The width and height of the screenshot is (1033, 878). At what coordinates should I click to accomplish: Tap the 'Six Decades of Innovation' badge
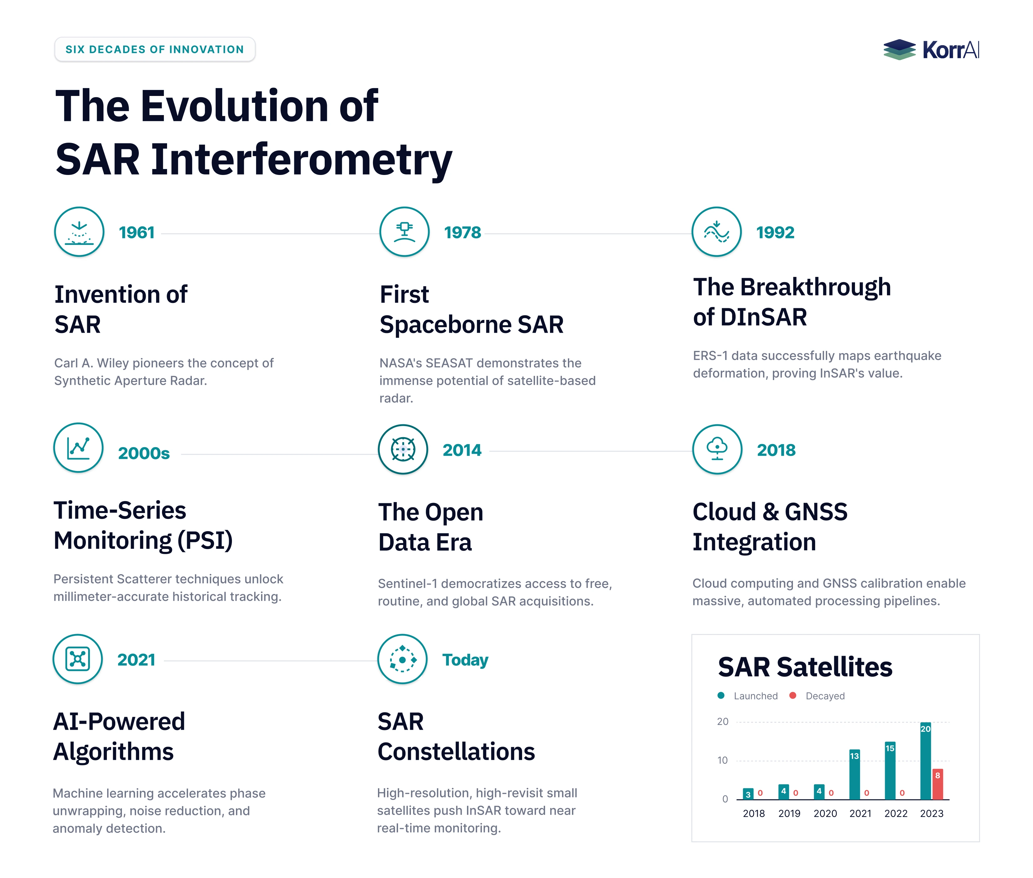pos(155,49)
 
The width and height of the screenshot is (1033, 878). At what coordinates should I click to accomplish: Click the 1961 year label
pos(137,232)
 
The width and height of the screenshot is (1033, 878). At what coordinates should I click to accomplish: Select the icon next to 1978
pos(404,231)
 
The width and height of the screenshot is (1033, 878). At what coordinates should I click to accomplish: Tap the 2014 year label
pos(462,450)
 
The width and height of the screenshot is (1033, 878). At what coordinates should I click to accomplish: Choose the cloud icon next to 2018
pos(717,449)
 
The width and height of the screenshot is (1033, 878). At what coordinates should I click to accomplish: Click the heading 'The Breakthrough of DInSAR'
pos(792,302)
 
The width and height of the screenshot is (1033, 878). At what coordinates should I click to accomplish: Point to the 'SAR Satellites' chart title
pos(805,667)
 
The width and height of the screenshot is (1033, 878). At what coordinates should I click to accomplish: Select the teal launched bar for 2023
pos(926,761)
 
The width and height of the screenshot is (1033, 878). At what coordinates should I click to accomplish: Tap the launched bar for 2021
pos(854,775)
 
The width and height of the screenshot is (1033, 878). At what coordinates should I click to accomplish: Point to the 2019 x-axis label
pos(789,813)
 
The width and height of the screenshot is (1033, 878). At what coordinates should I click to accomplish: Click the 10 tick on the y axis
pos(722,760)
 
